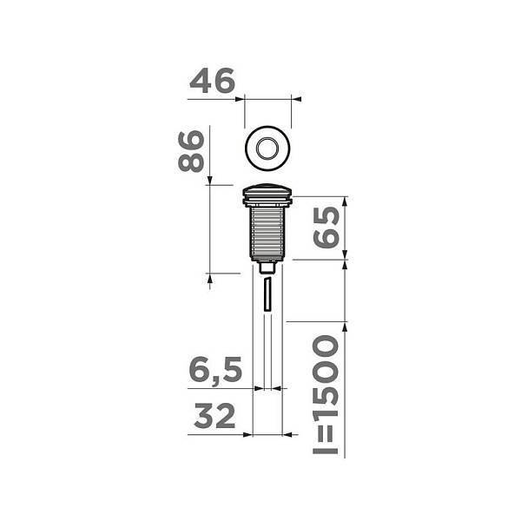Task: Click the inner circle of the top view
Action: click(x=270, y=147)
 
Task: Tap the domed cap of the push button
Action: click(x=270, y=190)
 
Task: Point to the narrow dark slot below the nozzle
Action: click(x=268, y=295)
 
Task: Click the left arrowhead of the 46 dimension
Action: click(x=247, y=98)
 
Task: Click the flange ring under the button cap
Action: click(x=270, y=201)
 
